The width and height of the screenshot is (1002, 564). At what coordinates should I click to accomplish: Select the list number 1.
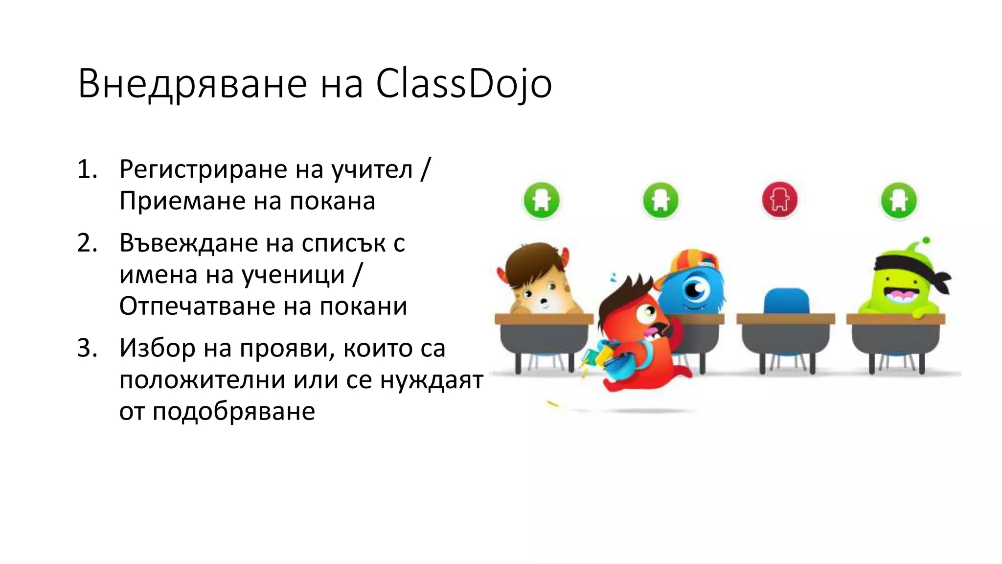[x=87, y=170]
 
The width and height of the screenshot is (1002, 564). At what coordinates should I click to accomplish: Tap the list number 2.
[x=87, y=243]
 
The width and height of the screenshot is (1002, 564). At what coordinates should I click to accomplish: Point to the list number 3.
[x=87, y=349]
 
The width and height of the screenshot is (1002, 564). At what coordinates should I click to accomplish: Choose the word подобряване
[x=233, y=411]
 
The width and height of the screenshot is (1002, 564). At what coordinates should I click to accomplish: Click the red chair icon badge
[x=779, y=200]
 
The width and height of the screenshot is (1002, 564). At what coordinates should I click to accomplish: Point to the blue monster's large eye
[x=694, y=289]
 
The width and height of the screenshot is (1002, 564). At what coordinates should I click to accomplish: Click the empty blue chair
[x=786, y=300]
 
